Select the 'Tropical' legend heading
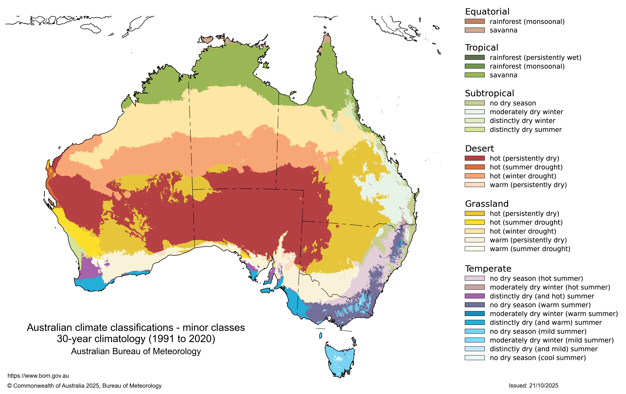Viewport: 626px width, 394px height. coord(481,48)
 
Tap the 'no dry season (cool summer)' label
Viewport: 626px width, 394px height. coord(537,358)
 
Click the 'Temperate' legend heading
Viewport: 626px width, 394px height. coord(488,268)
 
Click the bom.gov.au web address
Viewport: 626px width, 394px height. coord(38,376)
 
